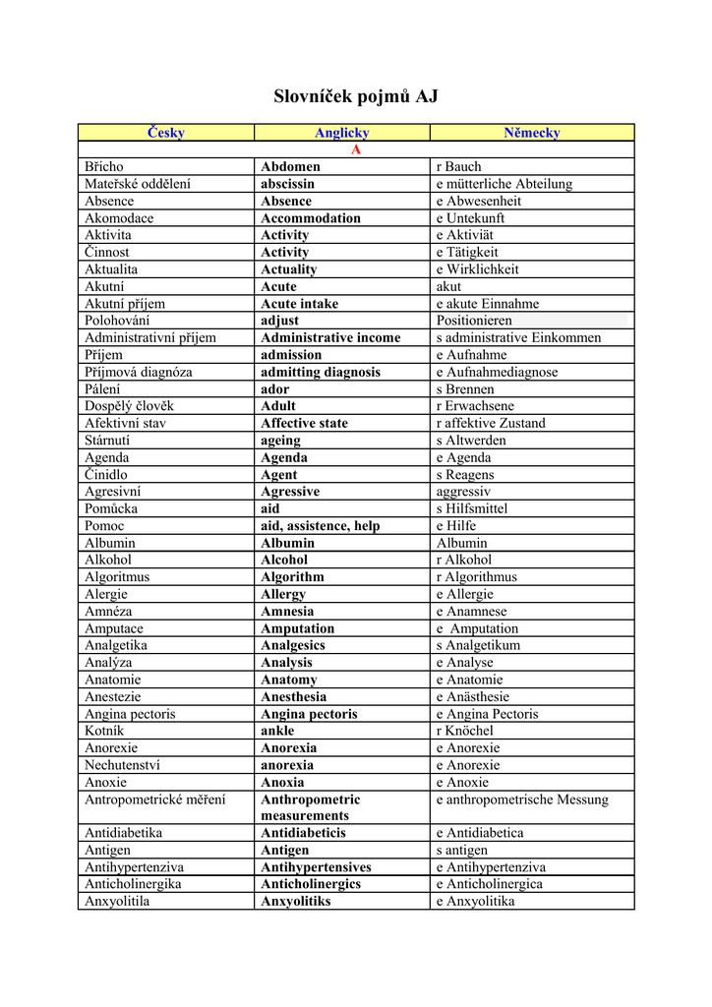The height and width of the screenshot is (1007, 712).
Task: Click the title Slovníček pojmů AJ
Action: click(x=355, y=96)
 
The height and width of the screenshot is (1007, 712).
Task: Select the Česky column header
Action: click(x=165, y=133)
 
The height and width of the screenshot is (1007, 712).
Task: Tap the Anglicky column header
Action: click(x=341, y=133)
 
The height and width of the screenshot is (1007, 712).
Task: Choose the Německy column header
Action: click(x=531, y=133)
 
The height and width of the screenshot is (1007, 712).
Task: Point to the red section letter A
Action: click(x=356, y=149)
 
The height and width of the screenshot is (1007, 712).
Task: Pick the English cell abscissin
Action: click(x=287, y=184)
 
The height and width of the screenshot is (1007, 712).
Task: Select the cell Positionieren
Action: click(x=474, y=321)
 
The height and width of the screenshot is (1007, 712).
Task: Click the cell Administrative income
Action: click(x=330, y=337)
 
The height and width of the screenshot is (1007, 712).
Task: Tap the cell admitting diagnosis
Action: click(x=320, y=372)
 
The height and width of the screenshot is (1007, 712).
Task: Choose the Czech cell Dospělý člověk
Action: click(x=129, y=406)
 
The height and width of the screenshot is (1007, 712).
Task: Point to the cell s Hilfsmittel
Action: click(x=472, y=508)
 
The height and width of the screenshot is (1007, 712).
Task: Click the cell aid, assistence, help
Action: click(x=320, y=526)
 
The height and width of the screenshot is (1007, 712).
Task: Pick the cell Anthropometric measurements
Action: click(x=310, y=807)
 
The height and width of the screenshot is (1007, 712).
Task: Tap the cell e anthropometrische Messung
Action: click(x=522, y=800)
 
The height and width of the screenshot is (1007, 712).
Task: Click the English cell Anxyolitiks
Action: click(x=295, y=901)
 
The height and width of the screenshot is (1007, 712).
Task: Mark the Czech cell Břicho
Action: click(x=104, y=167)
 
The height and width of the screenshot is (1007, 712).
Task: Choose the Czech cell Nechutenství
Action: click(x=122, y=765)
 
